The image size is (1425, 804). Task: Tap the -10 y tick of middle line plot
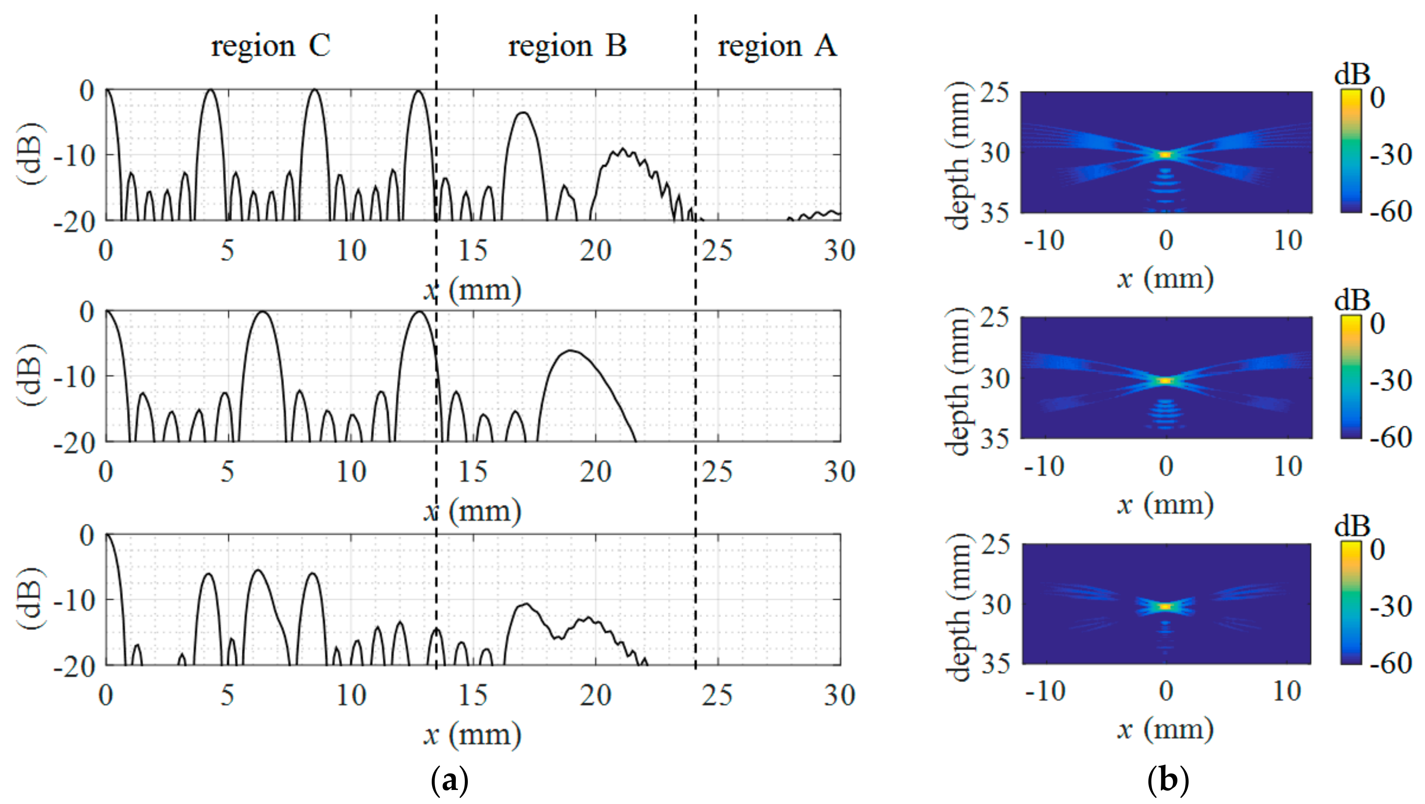coord(75,377)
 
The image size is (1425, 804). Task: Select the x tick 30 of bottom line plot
coord(839,695)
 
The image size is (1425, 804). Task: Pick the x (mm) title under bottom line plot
coord(473,735)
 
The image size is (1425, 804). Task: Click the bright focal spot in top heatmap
coord(1165,155)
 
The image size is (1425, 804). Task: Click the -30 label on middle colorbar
coord(1390,380)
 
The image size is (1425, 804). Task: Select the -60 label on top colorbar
coord(1390,212)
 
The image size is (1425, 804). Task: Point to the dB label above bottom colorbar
coord(1352,526)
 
